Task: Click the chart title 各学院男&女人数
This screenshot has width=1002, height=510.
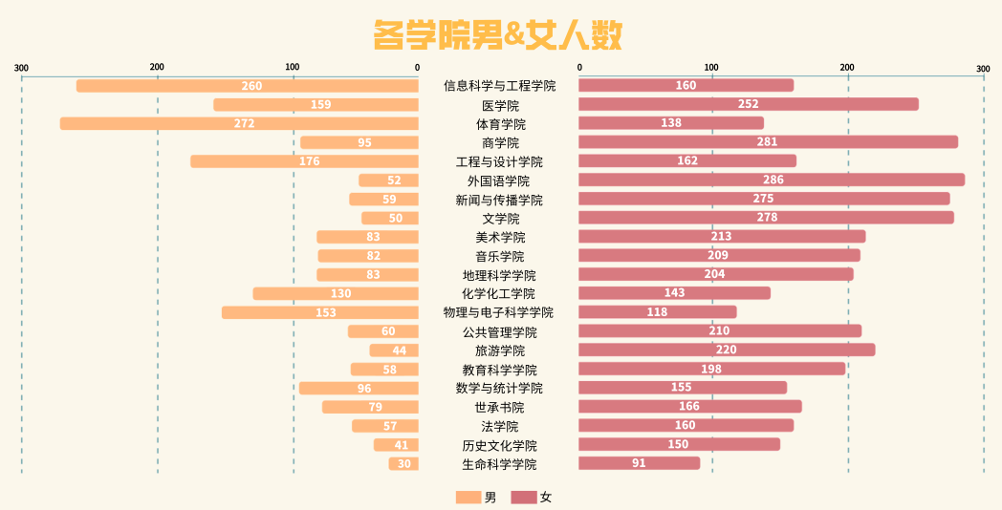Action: [x=498, y=35]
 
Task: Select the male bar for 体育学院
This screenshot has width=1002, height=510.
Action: [x=239, y=123]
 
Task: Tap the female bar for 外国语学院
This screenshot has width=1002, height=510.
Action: [x=772, y=180]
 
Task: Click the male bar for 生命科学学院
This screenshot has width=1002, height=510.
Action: [x=403, y=464]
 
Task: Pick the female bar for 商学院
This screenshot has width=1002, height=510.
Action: [x=768, y=142]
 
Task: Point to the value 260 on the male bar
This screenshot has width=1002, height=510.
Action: [x=251, y=86]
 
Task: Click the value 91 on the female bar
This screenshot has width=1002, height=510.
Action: [x=639, y=463]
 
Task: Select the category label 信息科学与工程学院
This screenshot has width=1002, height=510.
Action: [x=499, y=86]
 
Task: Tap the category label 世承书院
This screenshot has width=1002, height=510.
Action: [x=499, y=407]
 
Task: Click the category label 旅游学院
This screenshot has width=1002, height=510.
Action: [x=499, y=351]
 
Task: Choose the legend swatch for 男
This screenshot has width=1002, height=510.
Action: [x=468, y=497]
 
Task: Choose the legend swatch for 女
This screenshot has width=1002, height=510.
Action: [x=524, y=497]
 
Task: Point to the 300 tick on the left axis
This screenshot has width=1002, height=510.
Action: [x=22, y=67]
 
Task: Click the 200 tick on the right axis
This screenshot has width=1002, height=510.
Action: [x=847, y=67]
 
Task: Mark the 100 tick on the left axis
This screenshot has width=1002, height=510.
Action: [x=293, y=67]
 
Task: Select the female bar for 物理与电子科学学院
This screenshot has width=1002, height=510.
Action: [x=658, y=312]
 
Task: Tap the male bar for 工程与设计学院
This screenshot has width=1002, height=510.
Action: [x=304, y=161]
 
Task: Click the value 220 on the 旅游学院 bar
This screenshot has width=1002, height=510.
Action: [x=727, y=350]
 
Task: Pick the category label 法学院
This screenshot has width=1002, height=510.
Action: [x=499, y=426]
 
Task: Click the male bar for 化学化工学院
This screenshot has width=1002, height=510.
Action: [x=336, y=293]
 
